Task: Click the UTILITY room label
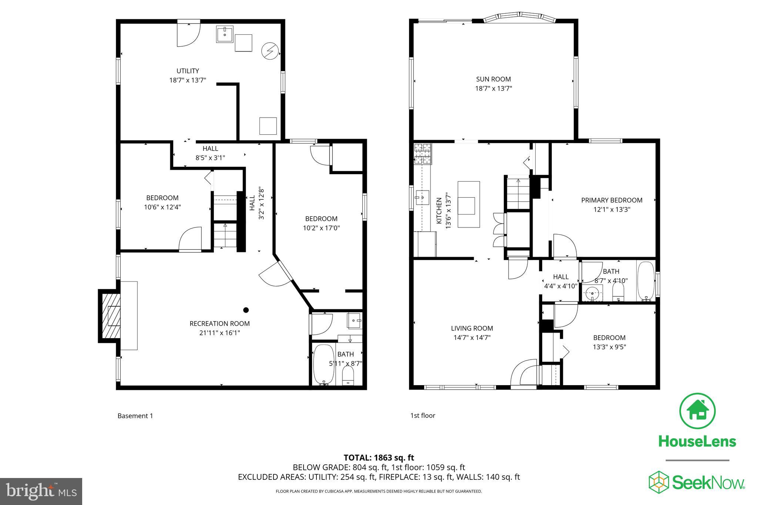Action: coord(188,71)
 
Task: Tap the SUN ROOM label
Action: coord(493,79)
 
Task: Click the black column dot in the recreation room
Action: coord(246,310)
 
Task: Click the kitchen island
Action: coord(469,204)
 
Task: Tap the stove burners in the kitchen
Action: coord(422,154)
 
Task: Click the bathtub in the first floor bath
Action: coord(646,281)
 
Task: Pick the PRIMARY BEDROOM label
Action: coord(611,200)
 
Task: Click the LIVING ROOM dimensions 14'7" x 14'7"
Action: coord(472,337)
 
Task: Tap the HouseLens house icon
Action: coord(697,411)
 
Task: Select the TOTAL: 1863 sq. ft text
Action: coord(379,458)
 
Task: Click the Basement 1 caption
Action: coord(135,416)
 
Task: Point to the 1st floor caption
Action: coord(423,415)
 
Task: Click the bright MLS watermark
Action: coord(41,491)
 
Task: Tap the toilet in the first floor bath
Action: coord(618,294)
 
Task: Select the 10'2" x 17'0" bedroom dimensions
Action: coord(321,228)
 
